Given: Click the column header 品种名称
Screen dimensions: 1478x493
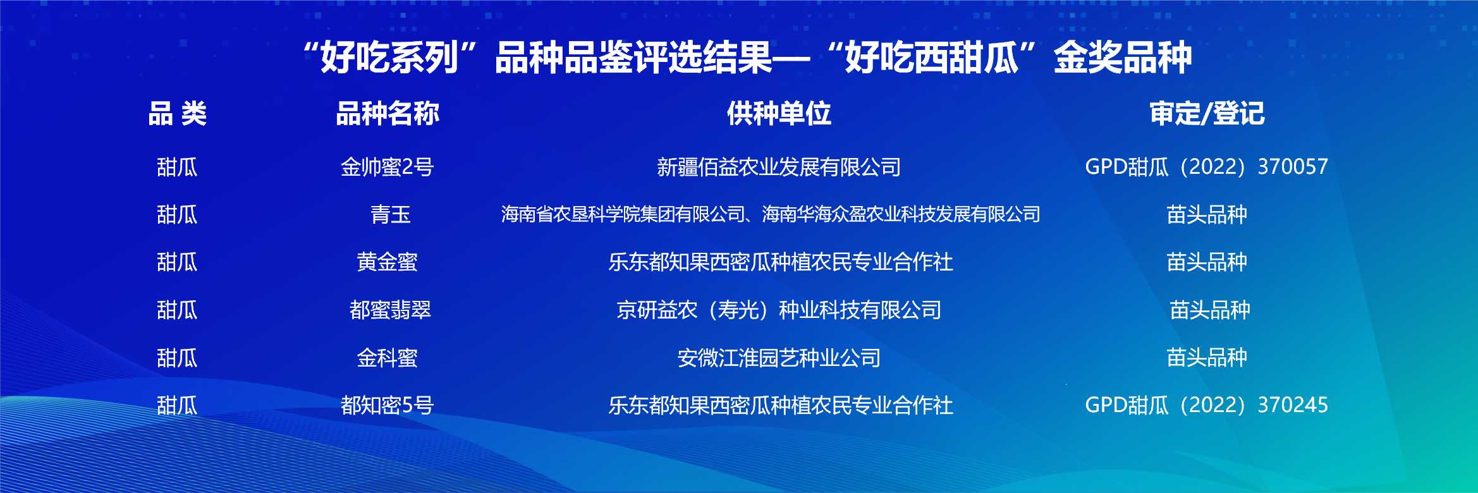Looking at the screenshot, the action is (388, 114).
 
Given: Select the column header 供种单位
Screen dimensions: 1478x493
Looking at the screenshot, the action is (779, 114).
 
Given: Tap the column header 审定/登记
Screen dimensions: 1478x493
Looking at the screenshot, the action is (1207, 114).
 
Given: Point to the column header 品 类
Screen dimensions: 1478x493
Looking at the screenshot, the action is (177, 114).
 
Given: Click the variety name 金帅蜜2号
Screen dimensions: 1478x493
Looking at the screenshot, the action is (387, 167).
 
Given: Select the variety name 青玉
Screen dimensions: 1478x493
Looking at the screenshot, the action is (390, 214).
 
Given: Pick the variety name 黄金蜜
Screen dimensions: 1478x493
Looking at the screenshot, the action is (387, 262).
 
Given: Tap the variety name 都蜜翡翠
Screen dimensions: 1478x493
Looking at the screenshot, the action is (390, 310).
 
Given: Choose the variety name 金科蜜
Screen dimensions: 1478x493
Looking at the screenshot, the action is (387, 358).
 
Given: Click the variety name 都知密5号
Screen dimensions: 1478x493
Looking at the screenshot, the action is (387, 405).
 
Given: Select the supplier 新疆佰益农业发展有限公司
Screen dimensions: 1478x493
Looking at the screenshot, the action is (779, 167).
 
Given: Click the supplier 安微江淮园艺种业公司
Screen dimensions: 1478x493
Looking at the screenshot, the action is (779, 358).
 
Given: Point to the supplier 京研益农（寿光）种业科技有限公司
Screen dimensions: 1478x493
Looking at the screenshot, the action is (779, 310).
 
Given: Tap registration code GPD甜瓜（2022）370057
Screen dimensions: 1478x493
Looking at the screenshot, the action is (1207, 167).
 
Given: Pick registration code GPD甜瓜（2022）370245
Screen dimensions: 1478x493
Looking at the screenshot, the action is (1207, 405).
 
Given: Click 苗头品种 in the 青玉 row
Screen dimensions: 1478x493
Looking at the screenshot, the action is (1207, 214).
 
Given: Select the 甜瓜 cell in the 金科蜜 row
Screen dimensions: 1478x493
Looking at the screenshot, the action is (177, 358).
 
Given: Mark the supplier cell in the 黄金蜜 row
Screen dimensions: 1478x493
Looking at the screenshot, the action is (781, 262).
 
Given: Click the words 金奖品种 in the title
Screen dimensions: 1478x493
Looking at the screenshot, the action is (1123, 58).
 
